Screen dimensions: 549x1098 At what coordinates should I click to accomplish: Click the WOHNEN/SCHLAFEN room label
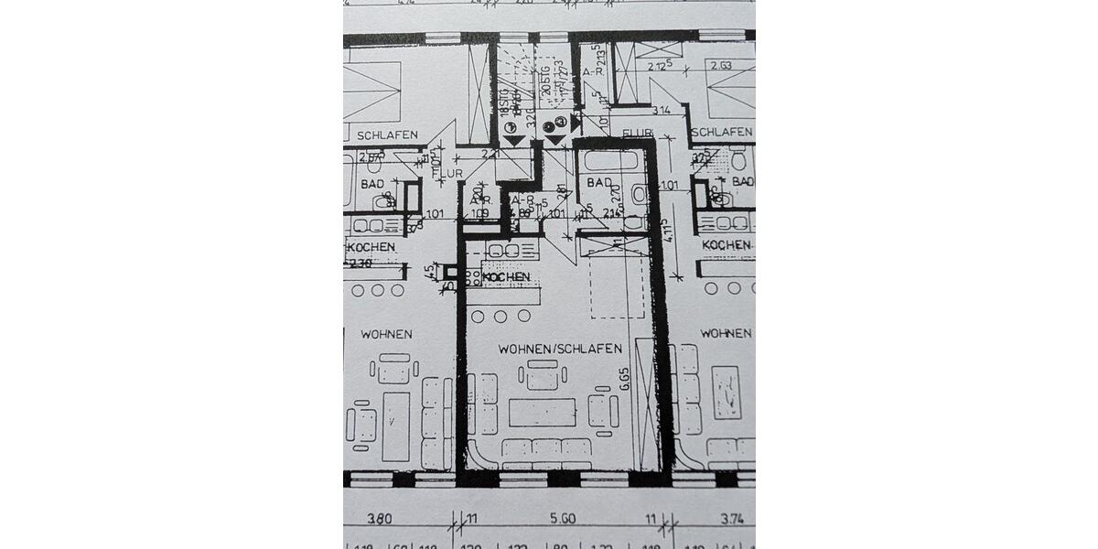point(560,349)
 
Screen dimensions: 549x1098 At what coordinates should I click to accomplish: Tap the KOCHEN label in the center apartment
point(506,277)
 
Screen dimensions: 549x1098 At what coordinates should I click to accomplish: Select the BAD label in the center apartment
point(600,183)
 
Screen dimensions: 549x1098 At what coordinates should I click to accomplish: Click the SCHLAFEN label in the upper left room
point(387,135)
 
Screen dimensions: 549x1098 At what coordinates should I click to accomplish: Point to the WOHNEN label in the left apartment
point(385,334)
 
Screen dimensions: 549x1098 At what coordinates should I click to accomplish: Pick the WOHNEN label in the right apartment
point(726,333)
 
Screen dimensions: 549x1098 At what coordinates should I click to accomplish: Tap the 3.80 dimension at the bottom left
point(379,518)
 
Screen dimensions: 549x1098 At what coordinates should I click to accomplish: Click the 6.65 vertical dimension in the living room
point(624,379)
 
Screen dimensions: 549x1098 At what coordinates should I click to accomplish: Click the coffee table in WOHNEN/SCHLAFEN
point(542,412)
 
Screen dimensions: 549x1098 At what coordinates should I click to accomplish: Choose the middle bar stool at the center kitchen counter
point(501,316)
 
